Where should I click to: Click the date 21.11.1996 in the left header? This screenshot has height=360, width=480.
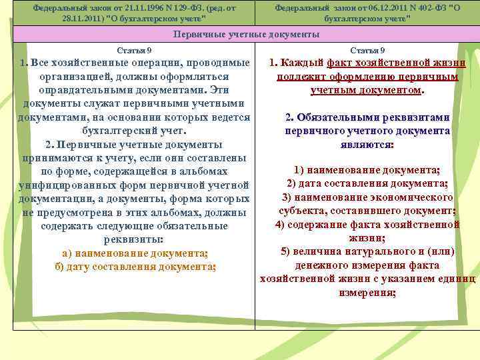tap(143, 7)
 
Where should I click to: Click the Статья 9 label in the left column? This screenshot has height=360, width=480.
tap(134, 51)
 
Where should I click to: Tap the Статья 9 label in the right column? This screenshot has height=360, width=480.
tap(367, 51)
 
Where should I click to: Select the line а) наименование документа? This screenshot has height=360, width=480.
tap(135, 253)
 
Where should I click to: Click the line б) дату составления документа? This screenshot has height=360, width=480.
tap(135, 267)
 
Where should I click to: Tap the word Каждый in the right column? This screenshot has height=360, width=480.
tap(302, 64)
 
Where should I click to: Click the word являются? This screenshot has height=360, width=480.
tap(367, 144)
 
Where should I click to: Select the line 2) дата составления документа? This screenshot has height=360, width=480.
tap(367, 184)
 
